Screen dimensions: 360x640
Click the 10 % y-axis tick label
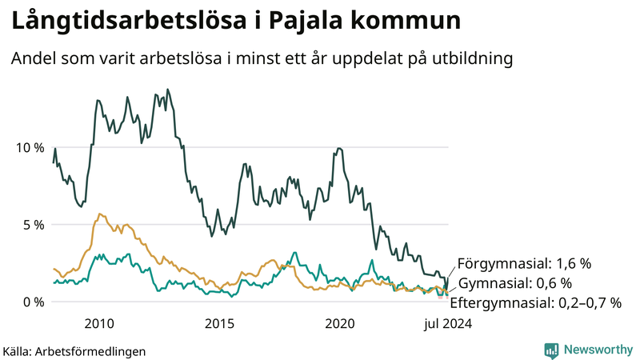(30, 148)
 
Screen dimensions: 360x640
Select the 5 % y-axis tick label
(34, 225)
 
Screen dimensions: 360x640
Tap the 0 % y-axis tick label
(34, 302)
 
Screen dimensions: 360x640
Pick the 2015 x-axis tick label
(219, 324)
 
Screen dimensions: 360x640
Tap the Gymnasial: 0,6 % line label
(514, 283)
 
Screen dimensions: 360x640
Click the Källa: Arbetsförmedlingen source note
(74, 350)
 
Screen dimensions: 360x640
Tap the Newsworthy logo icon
(551, 350)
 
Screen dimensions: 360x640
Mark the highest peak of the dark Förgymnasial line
(167, 90)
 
